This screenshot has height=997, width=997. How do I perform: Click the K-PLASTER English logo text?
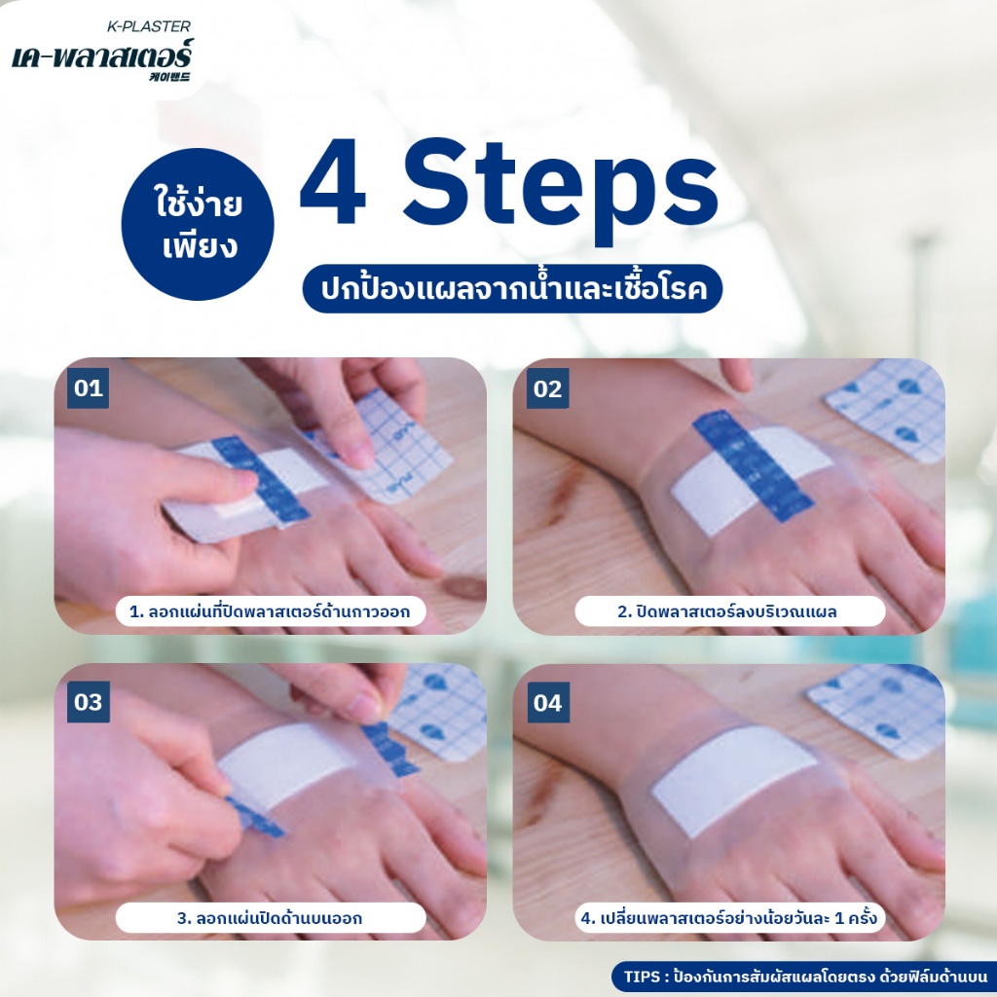click(148, 26)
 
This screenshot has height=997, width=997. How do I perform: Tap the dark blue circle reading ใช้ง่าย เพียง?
click(198, 225)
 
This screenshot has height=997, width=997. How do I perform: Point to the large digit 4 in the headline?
click(333, 182)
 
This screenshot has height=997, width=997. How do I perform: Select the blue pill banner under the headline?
click(512, 288)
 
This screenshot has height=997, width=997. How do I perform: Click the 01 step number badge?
click(89, 388)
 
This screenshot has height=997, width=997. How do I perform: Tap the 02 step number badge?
click(547, 388)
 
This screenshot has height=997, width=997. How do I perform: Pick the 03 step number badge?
click(89, 702)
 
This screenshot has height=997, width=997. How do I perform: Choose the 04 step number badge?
click(547, 702)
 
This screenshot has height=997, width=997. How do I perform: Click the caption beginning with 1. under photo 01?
click(271, 611)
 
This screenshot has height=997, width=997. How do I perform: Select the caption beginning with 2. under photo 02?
click(730, 611)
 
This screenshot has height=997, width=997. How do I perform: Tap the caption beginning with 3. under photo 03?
click(271, 918)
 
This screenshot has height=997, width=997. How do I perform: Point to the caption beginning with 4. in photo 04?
click(730, 918)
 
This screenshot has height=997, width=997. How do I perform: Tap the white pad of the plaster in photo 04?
click(734, 782)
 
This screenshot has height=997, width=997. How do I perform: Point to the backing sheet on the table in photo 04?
click(877, 711)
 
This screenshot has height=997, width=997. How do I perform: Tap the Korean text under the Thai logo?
click(169, 77)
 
